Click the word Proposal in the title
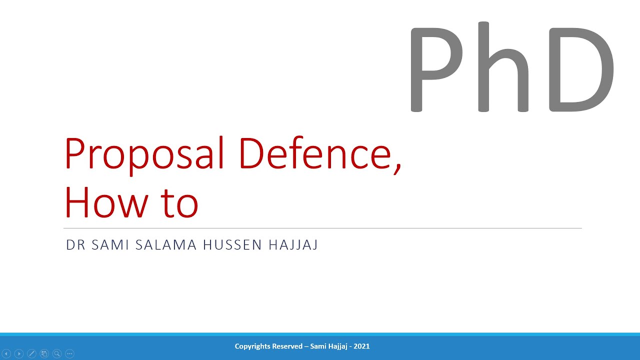(144, 154)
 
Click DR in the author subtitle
(76, 245)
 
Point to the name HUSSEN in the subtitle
(232, 245)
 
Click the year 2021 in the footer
(361, 346)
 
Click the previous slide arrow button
(6, 353)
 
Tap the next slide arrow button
(19, 353)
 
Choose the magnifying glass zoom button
(57, 353)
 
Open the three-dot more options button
(69, 353)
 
